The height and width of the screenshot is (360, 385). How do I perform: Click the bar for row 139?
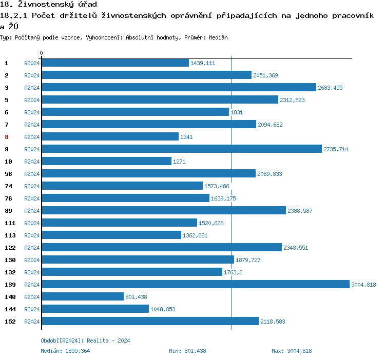(195, 284)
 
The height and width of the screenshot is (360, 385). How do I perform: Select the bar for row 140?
(83, 296)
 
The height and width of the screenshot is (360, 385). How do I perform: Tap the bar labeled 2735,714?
(182, 149)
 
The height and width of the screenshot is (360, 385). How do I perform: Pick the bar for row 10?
(107, 161)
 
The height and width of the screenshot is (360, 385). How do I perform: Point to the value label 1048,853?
(163, 309)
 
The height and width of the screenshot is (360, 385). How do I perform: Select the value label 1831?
(237, 112)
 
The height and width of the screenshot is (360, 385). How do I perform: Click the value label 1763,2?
(233, 272)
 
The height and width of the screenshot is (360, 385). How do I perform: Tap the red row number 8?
(7, 137)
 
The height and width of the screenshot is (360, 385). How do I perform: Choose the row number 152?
(10, 322)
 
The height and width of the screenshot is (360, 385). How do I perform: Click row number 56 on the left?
(8, 174)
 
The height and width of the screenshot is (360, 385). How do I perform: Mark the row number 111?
(10, 223)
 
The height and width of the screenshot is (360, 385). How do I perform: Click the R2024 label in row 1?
(32, 63)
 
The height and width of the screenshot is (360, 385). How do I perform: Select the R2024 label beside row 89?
(32, 211)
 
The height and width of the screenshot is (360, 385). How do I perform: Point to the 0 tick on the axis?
(42, 53)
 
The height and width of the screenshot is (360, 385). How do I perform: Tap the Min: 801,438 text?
(187, 351)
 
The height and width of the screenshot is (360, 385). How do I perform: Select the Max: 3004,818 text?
(292, 351)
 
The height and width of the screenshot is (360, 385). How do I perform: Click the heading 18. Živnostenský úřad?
(49, 5)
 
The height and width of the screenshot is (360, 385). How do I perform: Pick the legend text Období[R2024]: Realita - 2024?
(85, 341)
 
